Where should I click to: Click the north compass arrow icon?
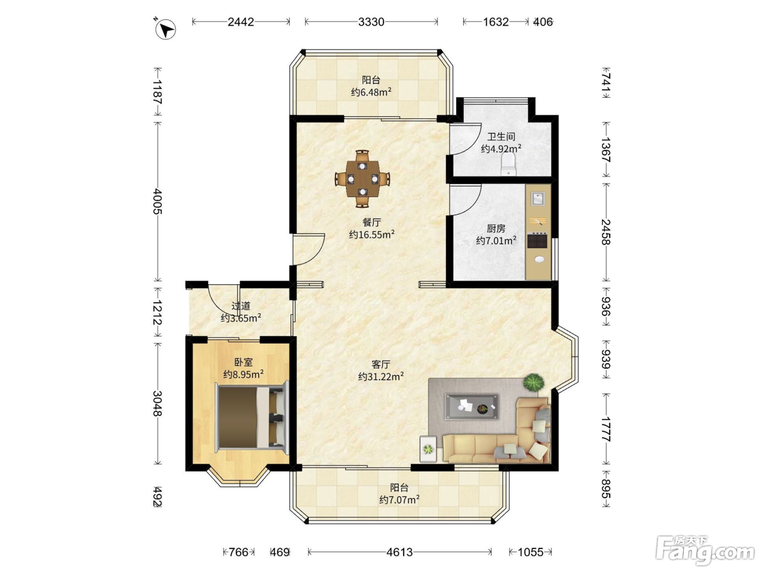coord(165,29)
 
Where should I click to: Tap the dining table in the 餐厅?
coord(362,179)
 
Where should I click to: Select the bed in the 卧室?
coord(252,417)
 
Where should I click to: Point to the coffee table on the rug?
coord(471,407)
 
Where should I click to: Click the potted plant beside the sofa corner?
coord(533,383)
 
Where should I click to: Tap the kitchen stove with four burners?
coord(538,240)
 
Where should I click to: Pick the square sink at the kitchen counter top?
coord(538,199)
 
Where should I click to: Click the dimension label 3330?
coord(371,22)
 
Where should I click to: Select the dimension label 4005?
coord(158,201)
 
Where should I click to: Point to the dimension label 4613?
coord(399,552)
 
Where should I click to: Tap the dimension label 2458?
coord(606,232)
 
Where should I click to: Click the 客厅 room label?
coord(381,364)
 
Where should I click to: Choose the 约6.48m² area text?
coord(371,92)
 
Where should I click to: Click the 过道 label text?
coord(241,306)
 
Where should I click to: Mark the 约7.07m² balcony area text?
coord(399,499)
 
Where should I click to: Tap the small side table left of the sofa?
coord(428,449)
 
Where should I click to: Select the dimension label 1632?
coord(496,22)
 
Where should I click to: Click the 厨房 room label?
coord(496,229)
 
